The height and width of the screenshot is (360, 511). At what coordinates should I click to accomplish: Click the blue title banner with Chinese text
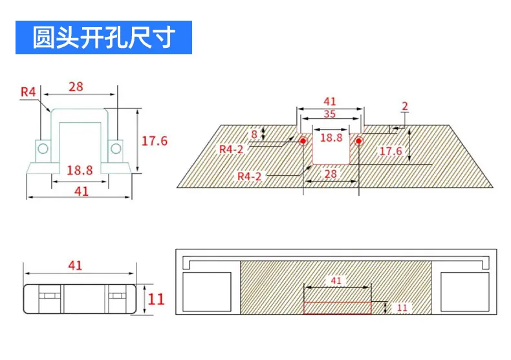(x=103, y=37)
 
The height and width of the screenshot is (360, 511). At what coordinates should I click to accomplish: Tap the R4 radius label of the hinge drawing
(x=28, y=92)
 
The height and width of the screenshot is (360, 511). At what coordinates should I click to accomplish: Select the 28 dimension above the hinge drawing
(x=76, y=87)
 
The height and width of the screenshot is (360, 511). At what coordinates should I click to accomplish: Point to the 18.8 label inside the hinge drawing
(x=80, y=170)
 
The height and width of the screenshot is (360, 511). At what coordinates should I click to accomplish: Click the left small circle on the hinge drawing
(x=43, y=149)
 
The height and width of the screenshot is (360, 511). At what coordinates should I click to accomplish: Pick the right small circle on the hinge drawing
(x=116, y=149)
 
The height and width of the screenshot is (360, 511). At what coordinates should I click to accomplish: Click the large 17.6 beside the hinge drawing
(x=155, y=141)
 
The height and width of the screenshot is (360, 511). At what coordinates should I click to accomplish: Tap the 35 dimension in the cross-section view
(x=330, y=114)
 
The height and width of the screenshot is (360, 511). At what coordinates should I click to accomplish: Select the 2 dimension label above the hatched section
(x=405, y=106)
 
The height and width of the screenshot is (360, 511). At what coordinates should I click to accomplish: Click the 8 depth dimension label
(x=254, y=134)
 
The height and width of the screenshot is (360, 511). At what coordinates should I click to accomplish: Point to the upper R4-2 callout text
(x=232, y=149)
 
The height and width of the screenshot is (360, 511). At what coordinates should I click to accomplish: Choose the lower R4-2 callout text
(x=249, y=176)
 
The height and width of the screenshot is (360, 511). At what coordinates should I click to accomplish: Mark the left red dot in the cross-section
(x=303, y=141)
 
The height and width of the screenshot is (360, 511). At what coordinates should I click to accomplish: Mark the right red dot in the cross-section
(x=359, y=141)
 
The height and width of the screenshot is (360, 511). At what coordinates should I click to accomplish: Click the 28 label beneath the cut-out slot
(x=331, y=174)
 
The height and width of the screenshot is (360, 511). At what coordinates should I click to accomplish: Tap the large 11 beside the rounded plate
(x=156, y=299)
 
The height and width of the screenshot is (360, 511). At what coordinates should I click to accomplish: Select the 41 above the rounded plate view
(x=75, y=266)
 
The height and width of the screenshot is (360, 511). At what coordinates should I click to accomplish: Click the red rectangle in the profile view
(x=337, y=308)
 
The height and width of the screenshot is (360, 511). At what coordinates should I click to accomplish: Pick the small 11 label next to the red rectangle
(x=402, y=308)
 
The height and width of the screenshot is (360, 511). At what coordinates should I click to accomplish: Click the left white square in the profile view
(x=207, y=292)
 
